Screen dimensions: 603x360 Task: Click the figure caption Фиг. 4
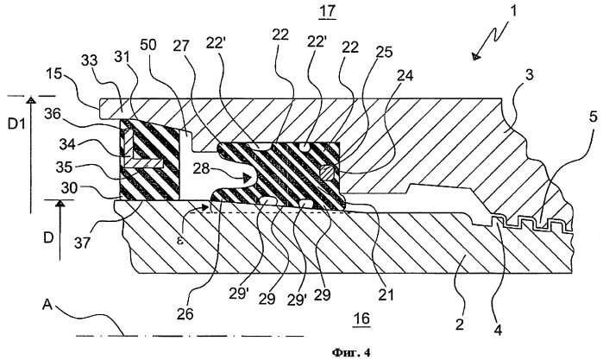click(351, 352)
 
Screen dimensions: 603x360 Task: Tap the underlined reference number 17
click(327, 11)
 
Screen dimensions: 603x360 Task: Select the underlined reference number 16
click(361, 319)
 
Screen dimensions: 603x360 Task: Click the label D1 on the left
click(17, 125)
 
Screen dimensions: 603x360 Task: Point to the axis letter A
click(47, 305)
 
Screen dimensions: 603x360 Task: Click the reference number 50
click(148, 45)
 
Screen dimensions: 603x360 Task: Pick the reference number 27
click(181, 47)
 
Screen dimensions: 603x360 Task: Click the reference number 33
click(89, 60)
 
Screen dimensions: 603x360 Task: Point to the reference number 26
click(185, 313)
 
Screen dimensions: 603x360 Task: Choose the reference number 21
click(386, 294)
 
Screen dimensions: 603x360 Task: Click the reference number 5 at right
click(593, 117)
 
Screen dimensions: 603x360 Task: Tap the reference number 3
click(530, 75)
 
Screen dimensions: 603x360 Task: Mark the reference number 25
click(383, 51)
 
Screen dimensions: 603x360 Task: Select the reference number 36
click(53, 114)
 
